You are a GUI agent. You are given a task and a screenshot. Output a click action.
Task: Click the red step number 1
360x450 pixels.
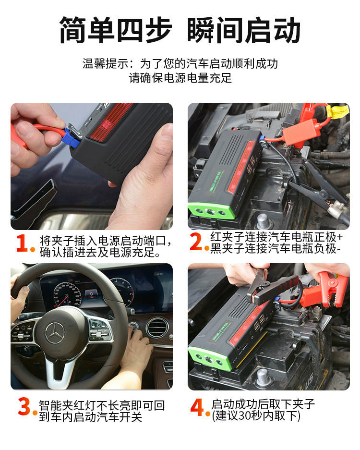23,243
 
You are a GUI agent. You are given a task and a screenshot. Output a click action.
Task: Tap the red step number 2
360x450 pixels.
196,242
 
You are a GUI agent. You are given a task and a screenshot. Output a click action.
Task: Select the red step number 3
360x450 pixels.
24,406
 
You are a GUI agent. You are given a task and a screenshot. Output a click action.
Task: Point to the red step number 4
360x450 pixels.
197,407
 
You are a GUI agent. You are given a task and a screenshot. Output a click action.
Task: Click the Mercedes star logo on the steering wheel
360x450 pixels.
55,333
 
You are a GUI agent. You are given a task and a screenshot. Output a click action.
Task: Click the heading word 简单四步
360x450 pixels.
115,30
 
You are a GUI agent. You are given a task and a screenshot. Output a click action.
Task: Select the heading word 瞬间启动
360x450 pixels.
243,30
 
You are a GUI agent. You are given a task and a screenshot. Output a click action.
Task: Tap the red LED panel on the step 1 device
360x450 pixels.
110,121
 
